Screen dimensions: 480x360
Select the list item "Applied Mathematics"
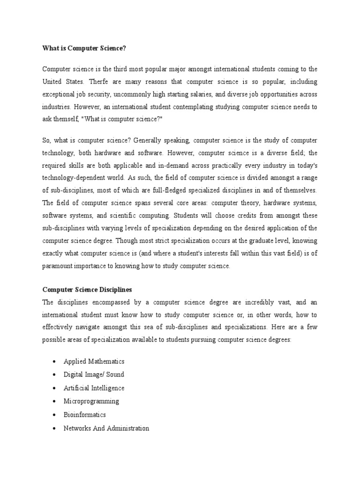(x=94, y=361)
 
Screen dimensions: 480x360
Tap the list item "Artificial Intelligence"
(x=94, y=388)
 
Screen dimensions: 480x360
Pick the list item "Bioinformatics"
(x=85, y=415)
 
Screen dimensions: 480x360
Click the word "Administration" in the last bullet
(x=128, y=428)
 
